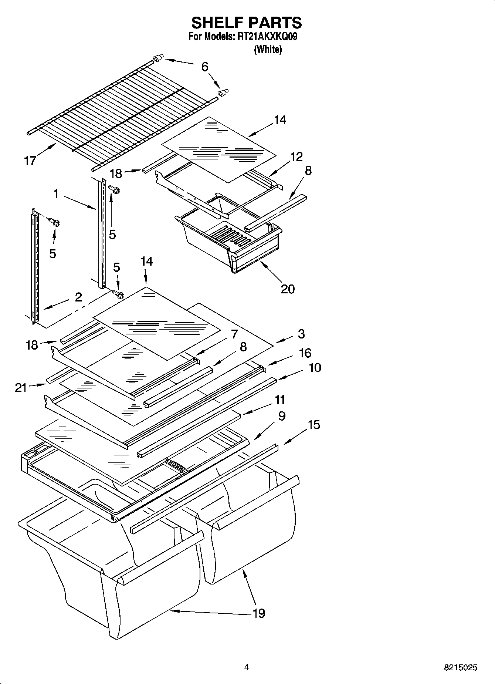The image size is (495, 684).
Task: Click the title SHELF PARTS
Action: pos(247,23)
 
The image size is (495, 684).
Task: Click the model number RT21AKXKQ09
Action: pos(266,37)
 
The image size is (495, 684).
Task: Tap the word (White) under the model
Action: pos(268,49)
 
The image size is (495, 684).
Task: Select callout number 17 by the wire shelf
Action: pos(30,161)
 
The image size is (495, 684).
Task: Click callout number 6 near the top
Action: pos(205,67)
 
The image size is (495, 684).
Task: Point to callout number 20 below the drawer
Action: pos(288,289)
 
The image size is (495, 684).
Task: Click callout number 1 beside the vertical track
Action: pos(56,193)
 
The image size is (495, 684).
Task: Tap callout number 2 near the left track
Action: pos(78,297)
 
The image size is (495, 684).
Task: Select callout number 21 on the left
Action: pos(21,388)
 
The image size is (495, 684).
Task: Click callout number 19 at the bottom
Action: pos(259,613)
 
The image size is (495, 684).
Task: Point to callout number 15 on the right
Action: pos(314,425)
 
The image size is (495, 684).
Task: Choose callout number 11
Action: pos(280,400)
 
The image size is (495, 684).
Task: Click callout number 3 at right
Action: pos(301,334)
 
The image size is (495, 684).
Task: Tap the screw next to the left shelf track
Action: pos(55,223)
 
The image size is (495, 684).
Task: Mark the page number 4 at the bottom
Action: pos(247,667)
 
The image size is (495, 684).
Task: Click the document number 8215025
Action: pos(461,668)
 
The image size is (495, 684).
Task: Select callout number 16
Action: pos(305,353)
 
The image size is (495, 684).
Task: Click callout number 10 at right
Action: pos(315,368)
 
